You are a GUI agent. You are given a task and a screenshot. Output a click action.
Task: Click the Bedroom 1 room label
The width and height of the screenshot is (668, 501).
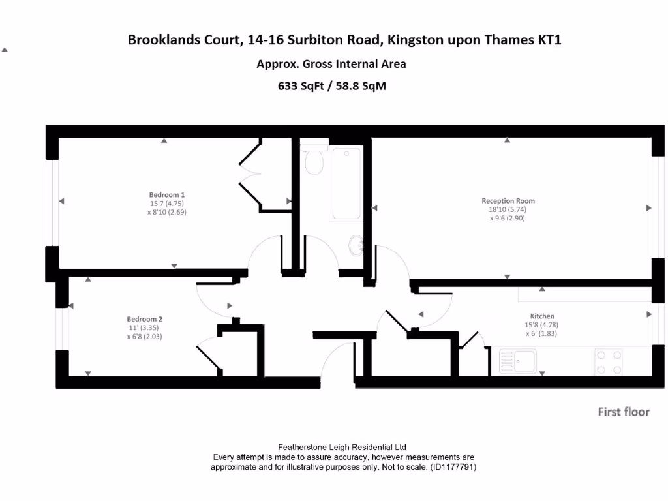pos(167,194)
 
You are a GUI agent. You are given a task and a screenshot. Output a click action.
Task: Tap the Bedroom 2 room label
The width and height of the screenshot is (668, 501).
pos(144,319)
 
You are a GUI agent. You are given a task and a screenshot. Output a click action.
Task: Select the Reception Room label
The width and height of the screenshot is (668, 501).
pos(508,201)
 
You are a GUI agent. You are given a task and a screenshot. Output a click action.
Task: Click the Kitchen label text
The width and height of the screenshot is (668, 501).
pos(542,316)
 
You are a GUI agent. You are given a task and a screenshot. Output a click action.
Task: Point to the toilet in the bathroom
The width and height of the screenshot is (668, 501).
pos(314,160)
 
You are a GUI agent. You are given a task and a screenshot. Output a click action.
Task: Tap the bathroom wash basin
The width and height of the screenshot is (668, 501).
pos(357,246)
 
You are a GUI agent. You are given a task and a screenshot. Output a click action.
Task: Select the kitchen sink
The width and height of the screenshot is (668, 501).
pos(518,361)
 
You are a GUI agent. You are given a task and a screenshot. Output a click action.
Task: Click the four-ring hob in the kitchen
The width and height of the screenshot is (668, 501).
pos(608,362)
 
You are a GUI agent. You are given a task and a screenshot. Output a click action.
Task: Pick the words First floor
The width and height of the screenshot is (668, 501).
pos(624,412)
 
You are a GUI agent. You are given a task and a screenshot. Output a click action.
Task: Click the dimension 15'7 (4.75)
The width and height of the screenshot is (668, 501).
pos(167,203)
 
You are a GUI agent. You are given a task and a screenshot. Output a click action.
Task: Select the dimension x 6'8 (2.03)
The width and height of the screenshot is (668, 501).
pos(144,337)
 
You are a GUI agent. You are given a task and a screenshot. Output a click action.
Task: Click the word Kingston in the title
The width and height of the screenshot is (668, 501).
pos(415,40)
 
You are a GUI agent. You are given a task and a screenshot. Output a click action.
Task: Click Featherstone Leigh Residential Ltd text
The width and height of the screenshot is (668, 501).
pos(342,447)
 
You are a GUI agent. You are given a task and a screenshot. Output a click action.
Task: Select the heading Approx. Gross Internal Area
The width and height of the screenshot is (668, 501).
pos(331,64)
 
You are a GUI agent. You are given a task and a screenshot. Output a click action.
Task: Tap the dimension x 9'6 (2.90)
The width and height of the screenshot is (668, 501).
pos(507,219)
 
